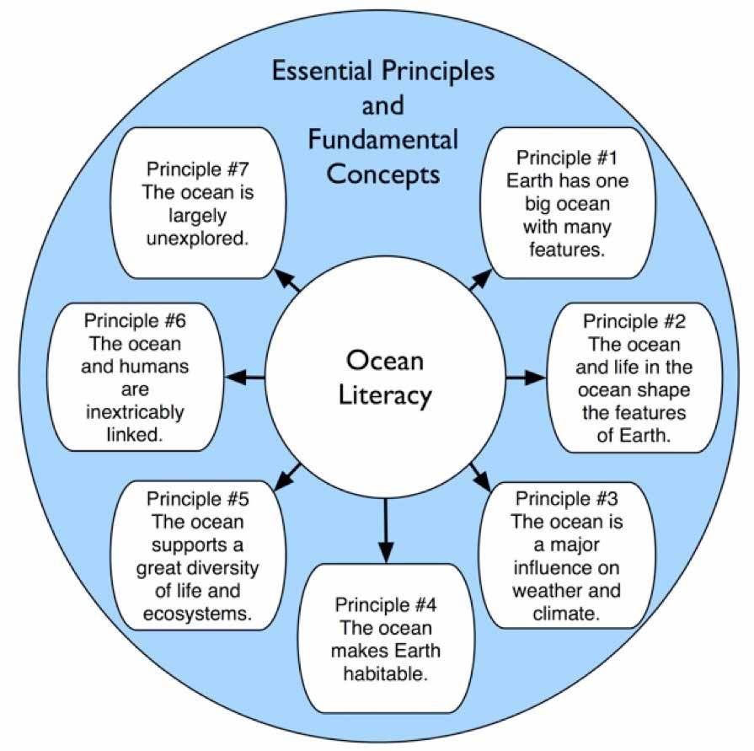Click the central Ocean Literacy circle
coord(385,378)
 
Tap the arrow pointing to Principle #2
coord(526,378)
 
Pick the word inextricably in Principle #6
coord(134,414)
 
